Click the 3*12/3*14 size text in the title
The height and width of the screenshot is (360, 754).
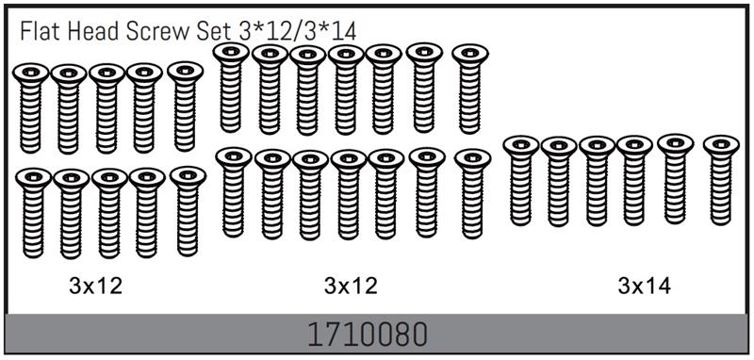point(298,32)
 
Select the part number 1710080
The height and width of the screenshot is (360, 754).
point(367,335)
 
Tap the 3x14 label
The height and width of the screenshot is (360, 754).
point(645,286)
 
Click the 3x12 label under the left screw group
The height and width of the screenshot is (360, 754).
point(96,286)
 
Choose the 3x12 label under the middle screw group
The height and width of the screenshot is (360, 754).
point(351,286)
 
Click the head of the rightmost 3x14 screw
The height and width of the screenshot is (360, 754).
point(721,145)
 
